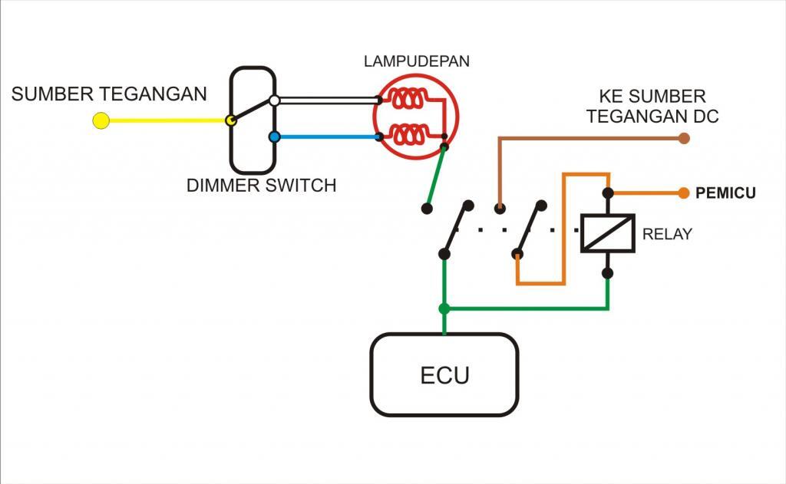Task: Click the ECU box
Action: click(x=444, y=376)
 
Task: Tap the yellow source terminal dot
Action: click(x=101, y=120)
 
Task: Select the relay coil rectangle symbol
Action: click(x=606, y=233)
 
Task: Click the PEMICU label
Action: click(x=725, y=193)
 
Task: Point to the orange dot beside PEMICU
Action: click(x=683, y=193)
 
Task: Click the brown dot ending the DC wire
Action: click(x=683, y=139)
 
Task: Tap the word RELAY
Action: click(x=666, y=235)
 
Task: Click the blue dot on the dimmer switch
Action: click(x=274, y=137)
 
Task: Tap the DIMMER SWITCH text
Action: click(x=261, y=186)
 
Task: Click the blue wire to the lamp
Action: click(x=326, y=137)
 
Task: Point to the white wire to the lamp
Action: click(x=326, y=100)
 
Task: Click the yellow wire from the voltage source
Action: click(x=165, y=120)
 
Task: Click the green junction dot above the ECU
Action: click(x=444, y=308)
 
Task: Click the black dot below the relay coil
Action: click(x=607, y=272)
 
